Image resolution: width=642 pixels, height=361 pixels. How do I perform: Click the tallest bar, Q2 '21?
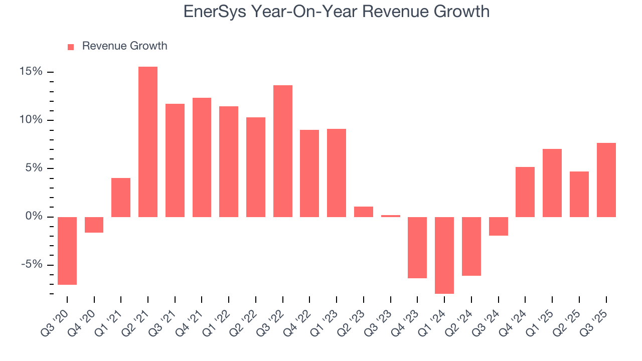(148, 142)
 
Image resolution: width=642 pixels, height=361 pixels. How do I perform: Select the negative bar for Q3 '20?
(67, 251)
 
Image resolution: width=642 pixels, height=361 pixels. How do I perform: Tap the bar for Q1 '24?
(444, 255)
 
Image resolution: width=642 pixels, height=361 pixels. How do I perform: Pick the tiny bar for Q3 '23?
(391, 216)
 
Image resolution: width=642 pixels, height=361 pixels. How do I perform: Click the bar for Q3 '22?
(283, 151)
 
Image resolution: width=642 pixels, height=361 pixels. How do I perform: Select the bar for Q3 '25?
(606, 180)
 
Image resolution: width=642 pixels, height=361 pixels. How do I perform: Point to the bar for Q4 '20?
(94, 225)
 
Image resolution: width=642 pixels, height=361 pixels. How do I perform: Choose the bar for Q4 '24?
(525, 192)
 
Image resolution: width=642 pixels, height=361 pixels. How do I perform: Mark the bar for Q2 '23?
(364, 212)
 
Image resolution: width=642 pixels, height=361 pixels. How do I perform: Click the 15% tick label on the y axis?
(31, 72)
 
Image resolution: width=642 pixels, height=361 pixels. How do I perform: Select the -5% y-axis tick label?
(31, 265)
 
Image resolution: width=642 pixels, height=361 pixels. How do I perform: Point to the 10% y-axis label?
(31, 120)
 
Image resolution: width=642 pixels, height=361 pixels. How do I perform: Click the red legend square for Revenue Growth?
(71, 47)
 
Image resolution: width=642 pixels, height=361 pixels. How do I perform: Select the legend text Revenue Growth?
(124, 46)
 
